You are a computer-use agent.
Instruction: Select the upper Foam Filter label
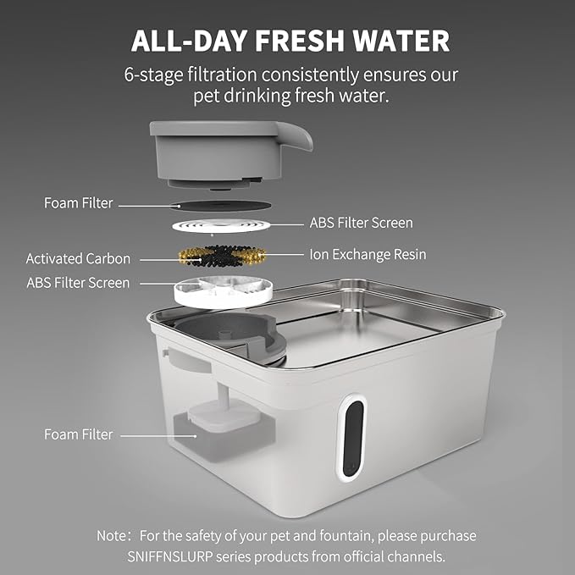pyautogui.click(x=79, y=203)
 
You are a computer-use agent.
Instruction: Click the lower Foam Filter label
pyautogui.click(x=79, y=434)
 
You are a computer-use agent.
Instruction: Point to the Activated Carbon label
pyautogui.click(x=78, y=258)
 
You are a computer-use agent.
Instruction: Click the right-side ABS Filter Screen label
pyautogui.click(x=361, y=223)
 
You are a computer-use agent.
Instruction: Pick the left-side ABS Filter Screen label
pyautogui.click(x=78, y=282)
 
